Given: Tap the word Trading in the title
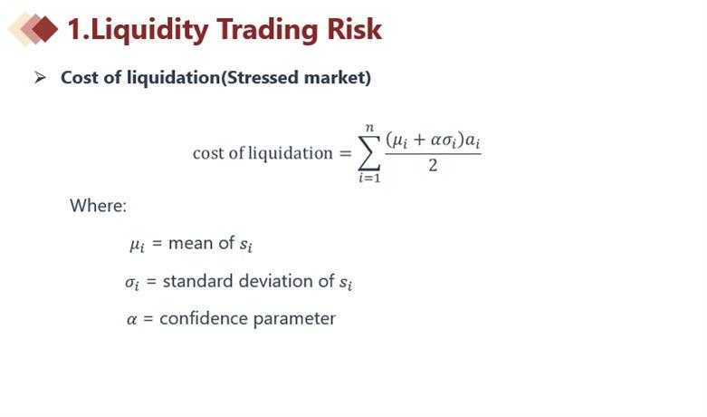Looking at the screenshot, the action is [268, 30].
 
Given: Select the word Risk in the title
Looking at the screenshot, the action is [354, 29].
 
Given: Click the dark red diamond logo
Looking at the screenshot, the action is [45, 29].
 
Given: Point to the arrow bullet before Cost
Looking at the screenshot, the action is [40, 78].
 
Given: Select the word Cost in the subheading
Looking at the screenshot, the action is [80, 78].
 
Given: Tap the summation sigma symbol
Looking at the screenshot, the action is [368, 152].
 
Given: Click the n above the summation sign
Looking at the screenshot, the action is [369, 128].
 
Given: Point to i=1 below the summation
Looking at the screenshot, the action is [369, 178].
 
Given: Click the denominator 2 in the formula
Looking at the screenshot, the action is [433, 166].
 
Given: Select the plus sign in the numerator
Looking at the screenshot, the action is [419, 140].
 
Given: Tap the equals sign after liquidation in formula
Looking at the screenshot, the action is [346, 153].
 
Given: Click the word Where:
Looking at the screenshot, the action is [99, 206].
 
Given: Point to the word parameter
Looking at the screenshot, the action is [294, 319].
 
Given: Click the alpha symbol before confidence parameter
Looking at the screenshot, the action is [131, 320].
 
